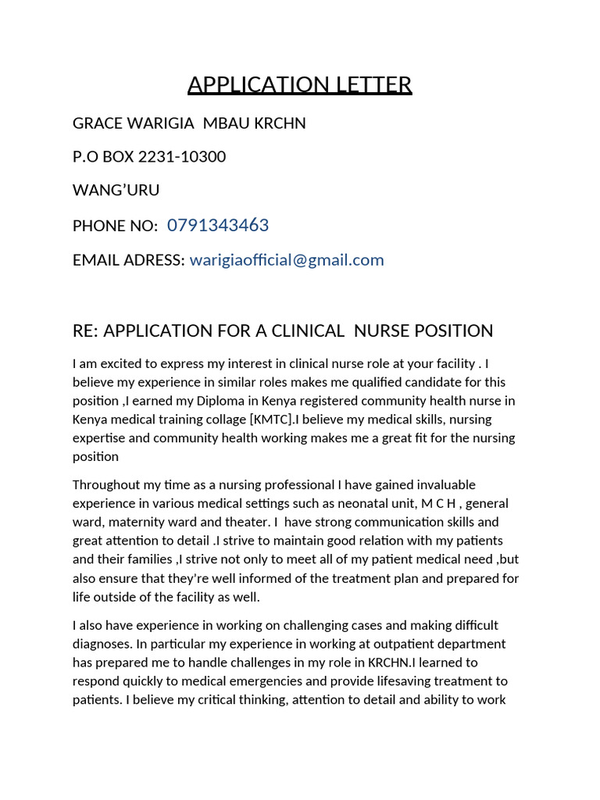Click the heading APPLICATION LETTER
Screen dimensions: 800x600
coord(299,84)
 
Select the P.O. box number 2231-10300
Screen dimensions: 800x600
coord(182,157)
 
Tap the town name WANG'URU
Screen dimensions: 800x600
coord(116,191)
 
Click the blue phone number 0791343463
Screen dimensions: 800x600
coord(218,226)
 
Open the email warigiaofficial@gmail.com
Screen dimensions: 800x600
coord(287,260)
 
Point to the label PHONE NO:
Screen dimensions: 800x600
coord(115,226)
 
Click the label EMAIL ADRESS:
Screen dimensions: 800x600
coord(129,260)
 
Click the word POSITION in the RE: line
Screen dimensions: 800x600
coord(454,330)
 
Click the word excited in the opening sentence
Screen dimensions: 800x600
coord(120,363)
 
